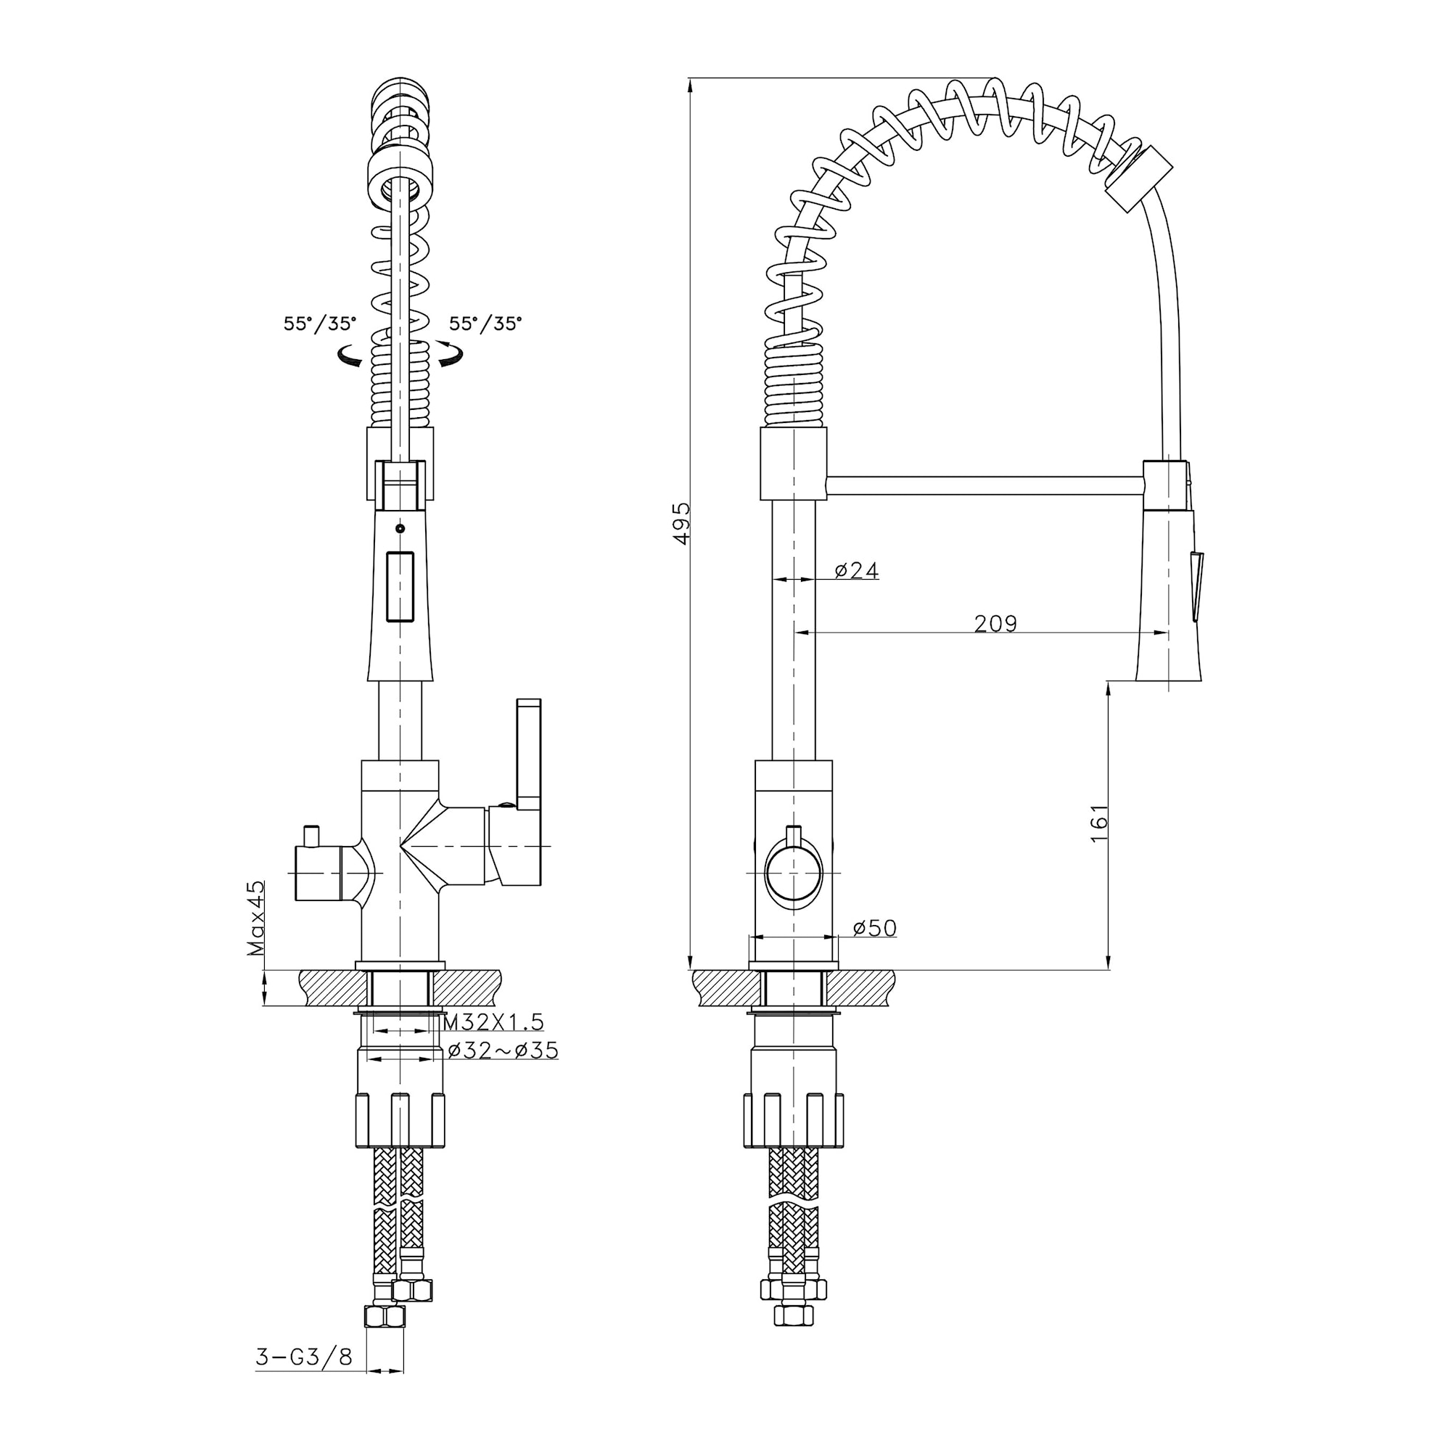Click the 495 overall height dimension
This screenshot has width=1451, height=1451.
[682, 524]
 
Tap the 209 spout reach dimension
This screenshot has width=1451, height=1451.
[995, 623]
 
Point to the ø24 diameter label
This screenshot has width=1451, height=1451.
[856, 571]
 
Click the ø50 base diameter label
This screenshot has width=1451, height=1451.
[875, 929]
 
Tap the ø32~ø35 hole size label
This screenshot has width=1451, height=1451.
[503, 1050]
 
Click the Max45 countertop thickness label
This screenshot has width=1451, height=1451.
[257, 918]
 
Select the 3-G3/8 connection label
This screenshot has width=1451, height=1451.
[304, 1357]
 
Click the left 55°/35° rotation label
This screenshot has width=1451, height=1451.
[320, 324]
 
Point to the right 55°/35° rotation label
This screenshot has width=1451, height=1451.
[486, 324]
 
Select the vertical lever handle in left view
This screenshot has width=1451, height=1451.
[529, 755]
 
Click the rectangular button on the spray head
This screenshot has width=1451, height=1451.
[400, 586]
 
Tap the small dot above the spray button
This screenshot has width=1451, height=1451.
[400, 529]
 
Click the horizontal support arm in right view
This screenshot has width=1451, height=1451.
[985, 485]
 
